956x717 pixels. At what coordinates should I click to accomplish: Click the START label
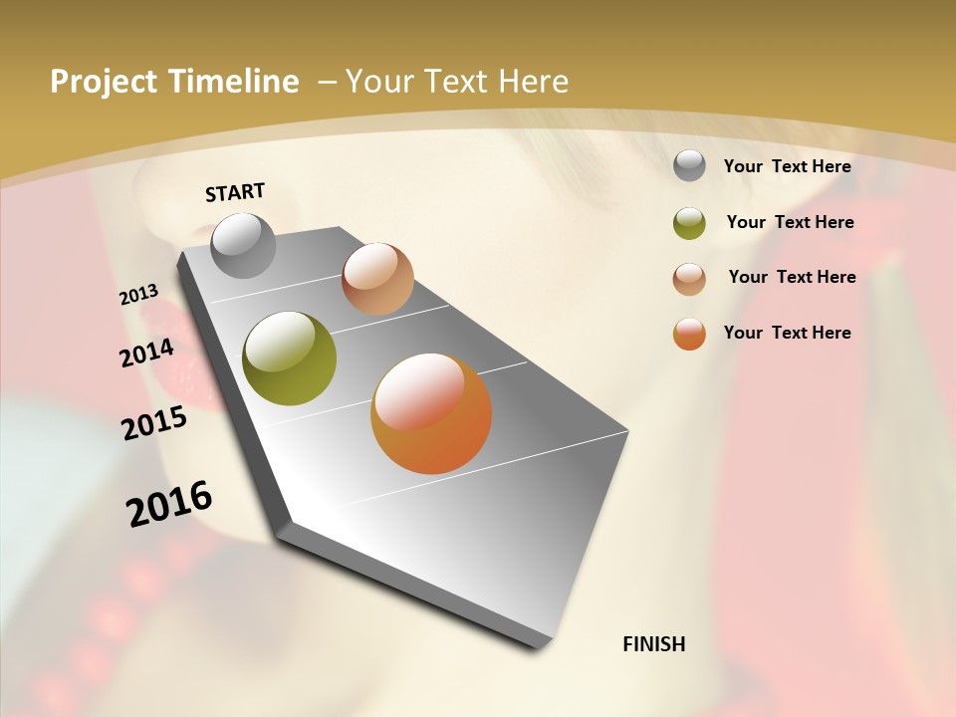point(235,192)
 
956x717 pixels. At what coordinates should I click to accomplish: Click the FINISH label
point(653,644)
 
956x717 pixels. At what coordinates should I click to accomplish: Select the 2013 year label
point(138,295)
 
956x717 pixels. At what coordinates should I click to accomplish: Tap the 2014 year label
point(146,353)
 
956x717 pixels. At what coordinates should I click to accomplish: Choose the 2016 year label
point(169,503)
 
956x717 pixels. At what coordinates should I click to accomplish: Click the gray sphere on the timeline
point(243,245)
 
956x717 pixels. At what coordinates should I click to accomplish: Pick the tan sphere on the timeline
point(377,279)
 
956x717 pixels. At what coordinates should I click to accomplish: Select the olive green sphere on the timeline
point(289,358)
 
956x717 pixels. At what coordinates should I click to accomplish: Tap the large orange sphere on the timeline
point(431,413)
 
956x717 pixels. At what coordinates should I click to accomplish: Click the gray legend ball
point(689,166)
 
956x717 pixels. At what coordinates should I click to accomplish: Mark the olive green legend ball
point(689,223)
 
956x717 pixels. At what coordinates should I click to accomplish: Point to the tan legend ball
point(689,278)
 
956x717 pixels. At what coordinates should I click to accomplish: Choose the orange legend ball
point(689,334)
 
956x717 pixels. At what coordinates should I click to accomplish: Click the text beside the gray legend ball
point(787,166)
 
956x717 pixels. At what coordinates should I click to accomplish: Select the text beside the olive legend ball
point(790,222)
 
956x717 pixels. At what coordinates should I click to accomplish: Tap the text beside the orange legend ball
point(787,333)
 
